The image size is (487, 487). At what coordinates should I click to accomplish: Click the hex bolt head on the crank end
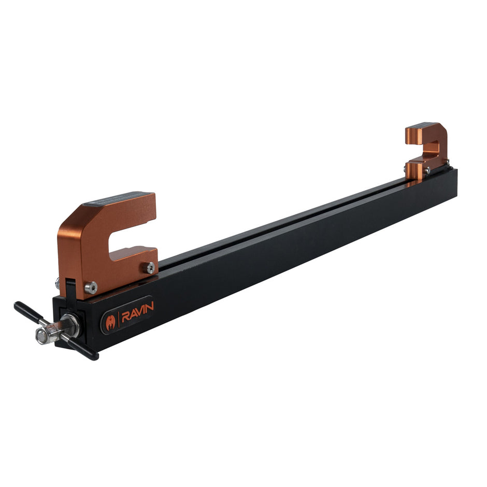tap(42, 336)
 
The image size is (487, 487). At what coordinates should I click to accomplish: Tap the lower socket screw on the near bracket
tap(91, 287)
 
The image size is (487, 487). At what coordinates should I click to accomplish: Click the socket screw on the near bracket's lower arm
tap(150, 267)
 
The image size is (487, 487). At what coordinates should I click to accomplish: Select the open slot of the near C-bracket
tap(132, 240)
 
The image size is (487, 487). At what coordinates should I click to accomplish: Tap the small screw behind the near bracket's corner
tap(58, 283)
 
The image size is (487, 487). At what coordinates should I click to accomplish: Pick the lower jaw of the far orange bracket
tap(419, 169)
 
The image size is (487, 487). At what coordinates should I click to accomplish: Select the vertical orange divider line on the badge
tap(119, 318)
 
